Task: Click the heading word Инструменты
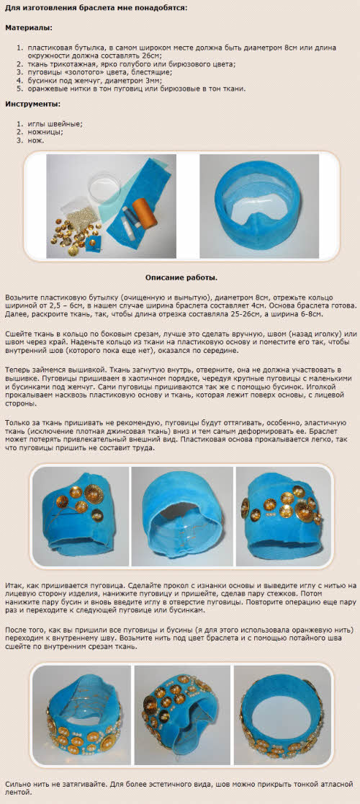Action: pyautogui.click(x=32, y=104)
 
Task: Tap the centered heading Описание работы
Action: pyautogui.click(x=181, y=277)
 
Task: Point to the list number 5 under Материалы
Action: pyautogui.click(x=20, y=89)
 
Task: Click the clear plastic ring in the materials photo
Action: pyautogui.click(x=104, y=188)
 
